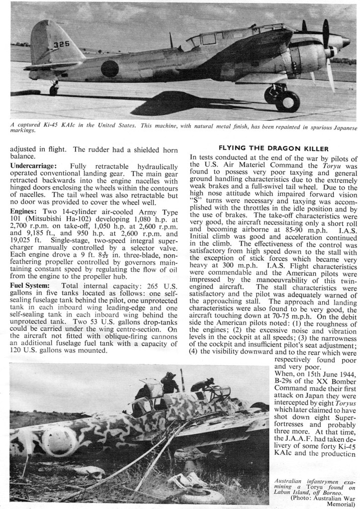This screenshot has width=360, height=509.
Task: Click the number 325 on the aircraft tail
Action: pyautogui.click(x=61, y=44)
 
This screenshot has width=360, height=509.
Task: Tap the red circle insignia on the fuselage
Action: pyautogui.click(x=110, y=68)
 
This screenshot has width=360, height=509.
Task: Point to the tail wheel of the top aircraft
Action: pyautogui.click(x=53, y=91)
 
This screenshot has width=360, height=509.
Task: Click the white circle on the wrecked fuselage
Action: pyautogui.click(x=59, y=440)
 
